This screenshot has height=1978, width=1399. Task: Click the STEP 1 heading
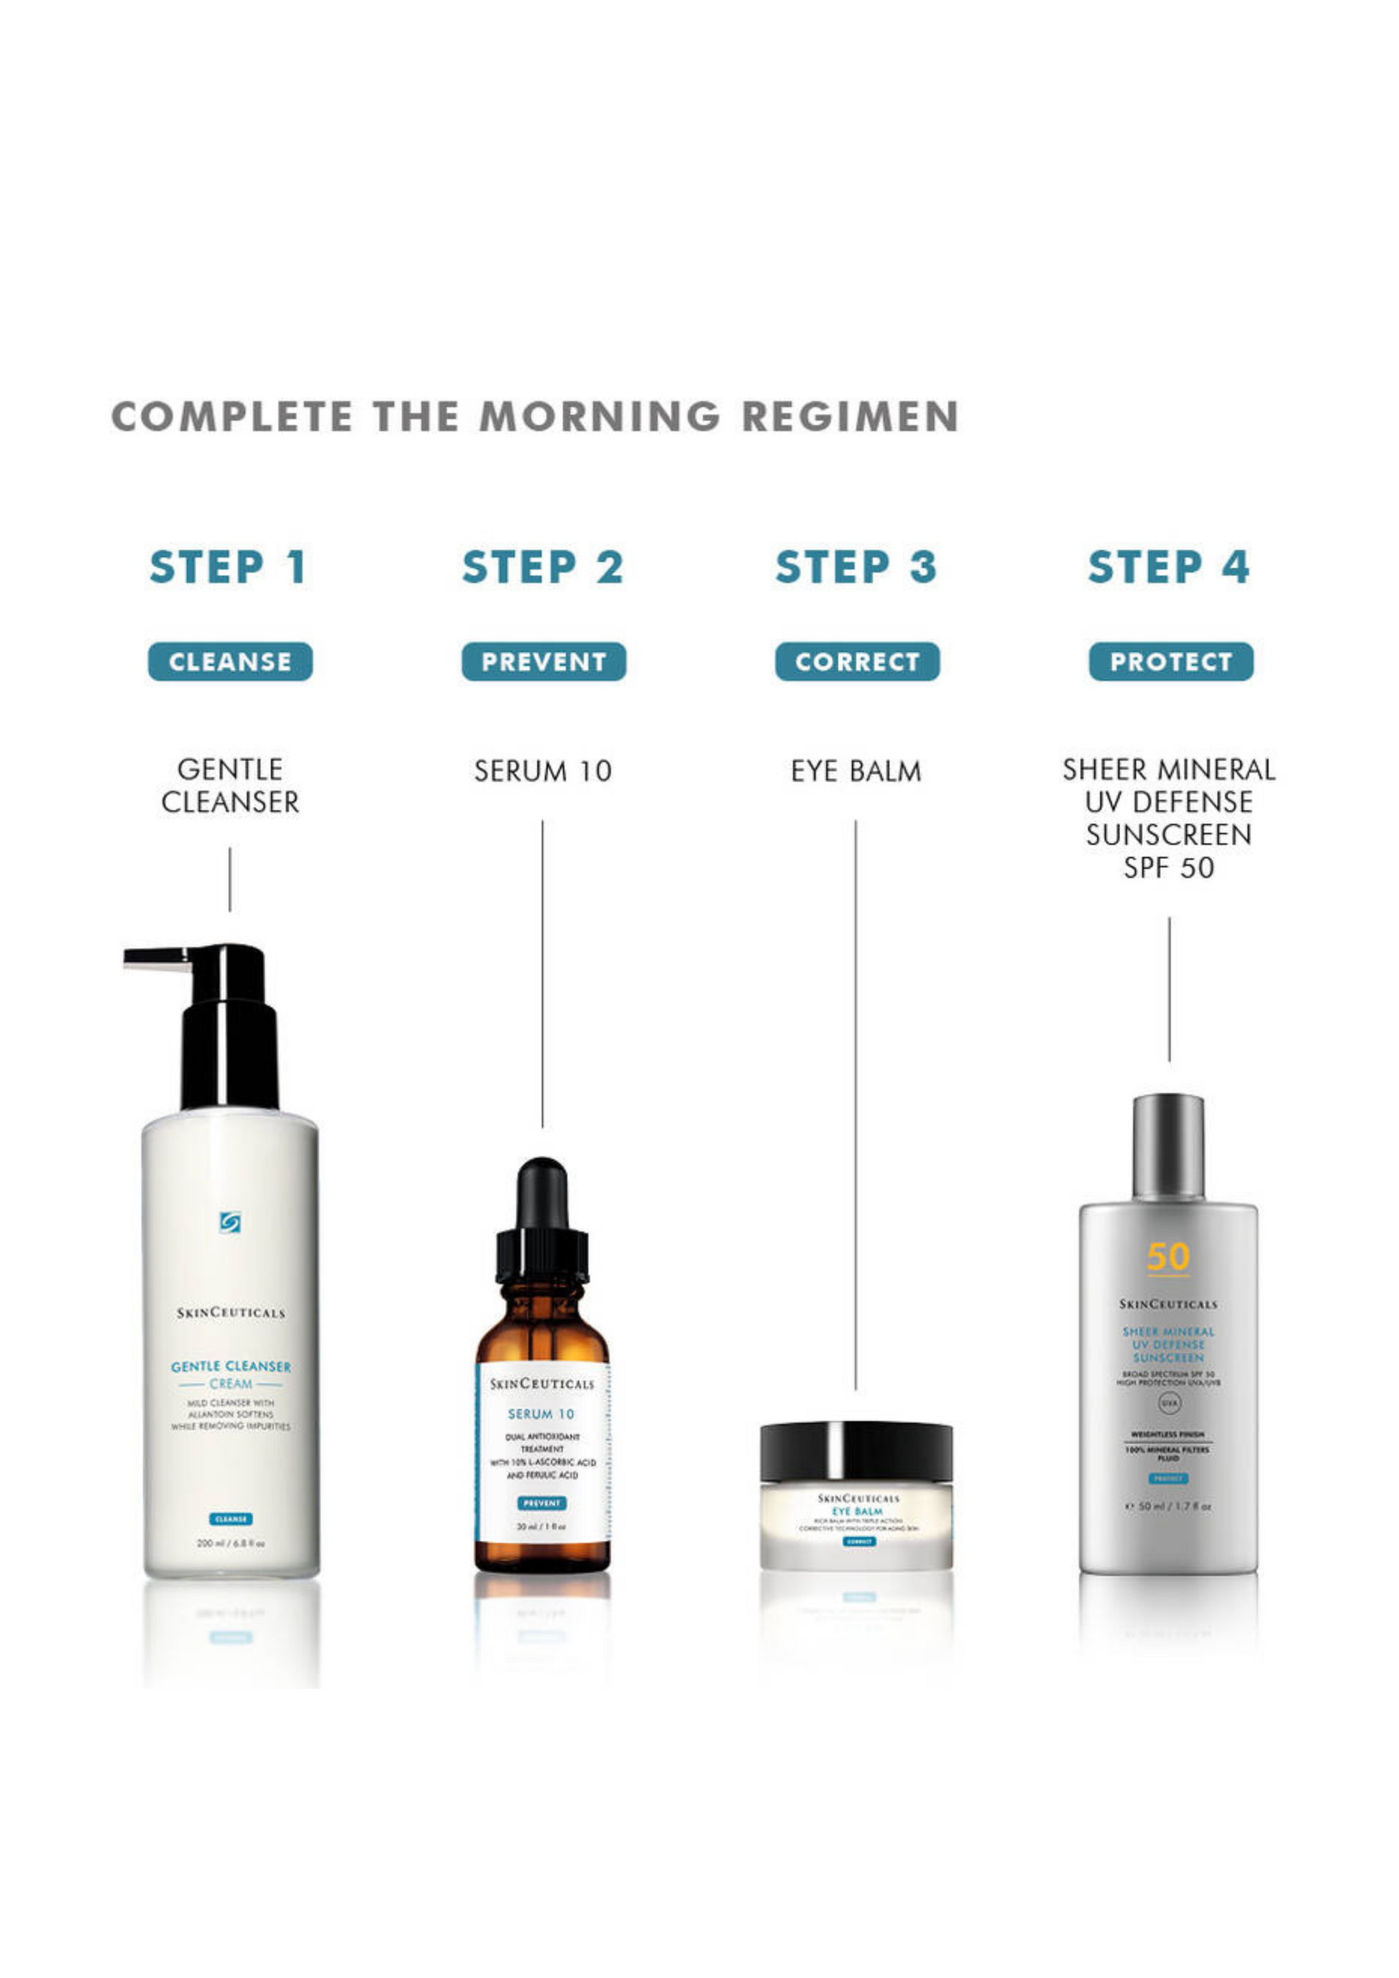pos(229,567)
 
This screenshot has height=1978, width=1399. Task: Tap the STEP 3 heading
pos(856,567)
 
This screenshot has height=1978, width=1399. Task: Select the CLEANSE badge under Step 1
pos(230,662)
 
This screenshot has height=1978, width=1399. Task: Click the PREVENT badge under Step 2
pos(543,662)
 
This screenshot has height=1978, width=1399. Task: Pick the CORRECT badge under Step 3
pos(857,662)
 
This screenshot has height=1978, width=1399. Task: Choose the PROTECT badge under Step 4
pos(1170,662)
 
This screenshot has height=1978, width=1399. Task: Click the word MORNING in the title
pos(600,417)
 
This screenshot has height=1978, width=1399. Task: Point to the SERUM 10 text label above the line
pos(543,771)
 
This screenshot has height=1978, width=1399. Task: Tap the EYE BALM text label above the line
pos(856,771)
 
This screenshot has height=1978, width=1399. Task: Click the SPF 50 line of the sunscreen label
pos(1168,868)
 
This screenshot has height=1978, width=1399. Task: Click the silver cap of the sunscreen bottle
pos(1168,1146)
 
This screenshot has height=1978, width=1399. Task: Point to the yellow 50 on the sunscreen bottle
pos(1168,1257)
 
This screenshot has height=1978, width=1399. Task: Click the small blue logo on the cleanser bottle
pos(230,1222)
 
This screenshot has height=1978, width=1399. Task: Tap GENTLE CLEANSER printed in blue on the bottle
pos(230,1366)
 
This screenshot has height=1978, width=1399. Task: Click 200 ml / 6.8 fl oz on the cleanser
pos(230,1543)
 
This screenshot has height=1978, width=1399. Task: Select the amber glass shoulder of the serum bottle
pos(542,1331)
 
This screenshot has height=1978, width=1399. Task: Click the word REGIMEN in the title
pos(850,417)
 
